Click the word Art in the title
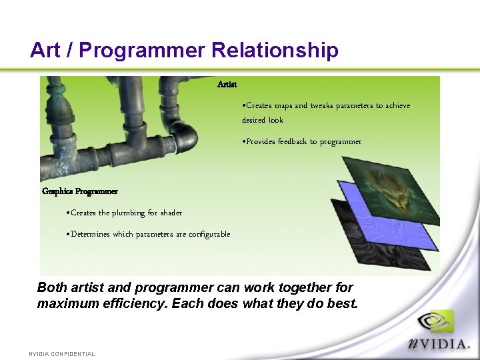click(45, 50)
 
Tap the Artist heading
click(227, 85)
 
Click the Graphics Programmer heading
click(80, 191)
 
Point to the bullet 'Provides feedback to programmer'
click(303, 141)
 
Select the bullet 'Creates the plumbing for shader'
click(125, 213)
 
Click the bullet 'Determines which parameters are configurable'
click(149, 234)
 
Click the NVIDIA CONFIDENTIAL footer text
click(61, 354)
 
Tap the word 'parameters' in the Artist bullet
click(350, 105)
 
